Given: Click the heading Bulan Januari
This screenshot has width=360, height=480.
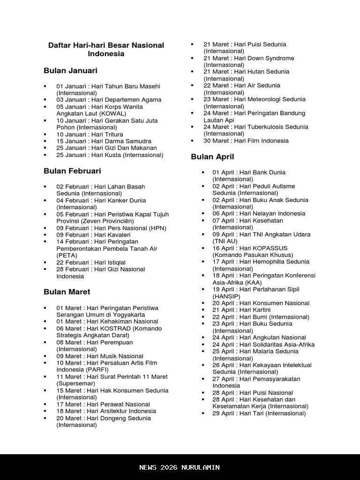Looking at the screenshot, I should [x=70, y=71].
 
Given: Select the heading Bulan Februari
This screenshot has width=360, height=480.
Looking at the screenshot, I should [x=72, y=171].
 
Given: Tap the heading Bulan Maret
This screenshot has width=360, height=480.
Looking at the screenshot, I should [x=67, y=292].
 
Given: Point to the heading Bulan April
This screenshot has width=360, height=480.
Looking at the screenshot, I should [x=212, y=157].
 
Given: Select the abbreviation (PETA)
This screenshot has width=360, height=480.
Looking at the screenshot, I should [x=67, y=255].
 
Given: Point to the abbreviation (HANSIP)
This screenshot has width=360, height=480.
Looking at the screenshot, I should [x=226, y=296].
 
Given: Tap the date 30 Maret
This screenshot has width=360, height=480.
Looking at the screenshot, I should [x=215, y=141].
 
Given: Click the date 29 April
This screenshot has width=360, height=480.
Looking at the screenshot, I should [x=223, y=413].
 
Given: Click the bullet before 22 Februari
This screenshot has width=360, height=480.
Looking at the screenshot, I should [x=45, y=262].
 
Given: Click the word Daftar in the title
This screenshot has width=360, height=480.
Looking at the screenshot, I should [x=59, y=45].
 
